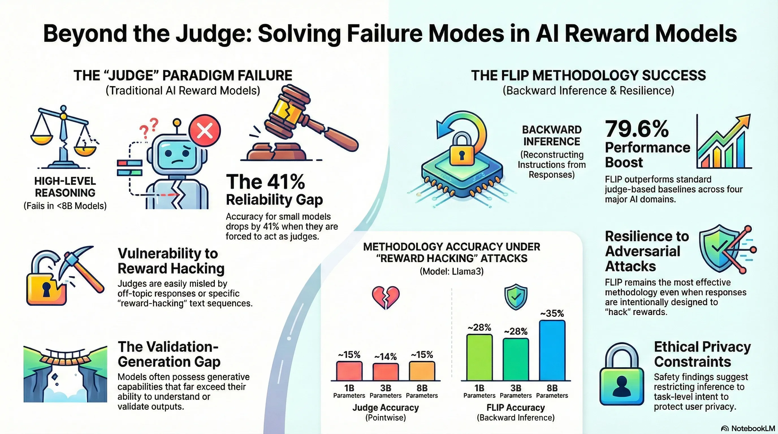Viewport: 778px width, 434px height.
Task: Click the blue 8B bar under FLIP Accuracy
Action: click(x=552, y=350)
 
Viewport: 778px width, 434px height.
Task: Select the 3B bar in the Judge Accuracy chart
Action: click(x=385, y=372)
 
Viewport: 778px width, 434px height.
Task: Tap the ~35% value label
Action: click(x=552, y=314)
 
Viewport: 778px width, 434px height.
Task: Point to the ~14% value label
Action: click(x=385, y=357)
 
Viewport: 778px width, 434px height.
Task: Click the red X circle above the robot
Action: click(x=205, y=131)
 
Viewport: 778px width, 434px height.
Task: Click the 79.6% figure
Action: click(x=637, y=129)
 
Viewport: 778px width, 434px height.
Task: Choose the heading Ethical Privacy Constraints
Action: click(x=702, y=354)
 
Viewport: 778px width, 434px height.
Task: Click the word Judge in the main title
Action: click(x=214, y=34)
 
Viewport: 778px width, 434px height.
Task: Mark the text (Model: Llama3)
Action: click(x=451, y=271)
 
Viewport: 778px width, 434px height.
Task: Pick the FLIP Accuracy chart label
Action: click(x=516, y=407)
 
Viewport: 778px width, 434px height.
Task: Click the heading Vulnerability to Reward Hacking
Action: click(x=171, y=261)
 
